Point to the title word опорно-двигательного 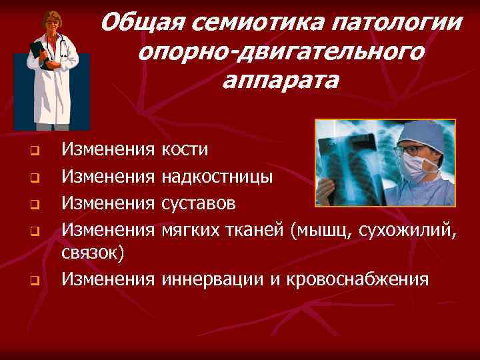[281, 52]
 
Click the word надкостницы [217, 177]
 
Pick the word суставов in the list [198, 203]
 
